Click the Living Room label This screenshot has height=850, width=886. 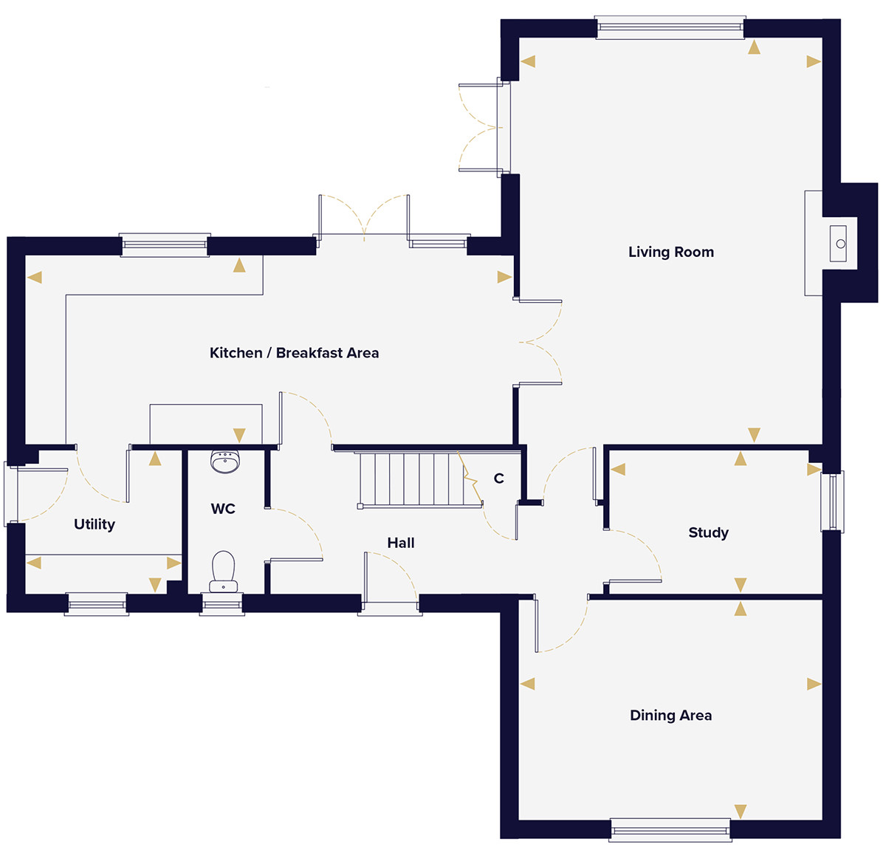[x=670, y=253]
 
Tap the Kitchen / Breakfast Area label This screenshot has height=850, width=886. [x=294, y=353]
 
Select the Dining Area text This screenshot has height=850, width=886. [x=670, y=716]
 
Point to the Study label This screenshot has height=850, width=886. [x=709, y=532]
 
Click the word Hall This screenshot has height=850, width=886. [x=401, y=543]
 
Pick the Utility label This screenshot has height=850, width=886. [x=95, y=524]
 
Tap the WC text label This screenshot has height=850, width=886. [x=223, y=509]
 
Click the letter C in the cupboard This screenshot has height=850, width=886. [x=499, y=478]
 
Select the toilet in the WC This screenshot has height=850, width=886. [x=223, y=572]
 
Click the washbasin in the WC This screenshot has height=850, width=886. [x=224, y=462]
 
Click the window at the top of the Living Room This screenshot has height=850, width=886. [x=670, y=27]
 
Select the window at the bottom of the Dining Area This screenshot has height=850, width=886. [x=670, y=830]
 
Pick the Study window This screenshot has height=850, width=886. [x=832, y=501]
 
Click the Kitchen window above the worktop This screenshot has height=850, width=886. [x=165, y=245]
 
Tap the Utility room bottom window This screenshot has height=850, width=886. [x=97, y=603]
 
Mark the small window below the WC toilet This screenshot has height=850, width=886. [x=222, y=603]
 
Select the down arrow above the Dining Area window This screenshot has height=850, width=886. [x=741, y=811]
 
